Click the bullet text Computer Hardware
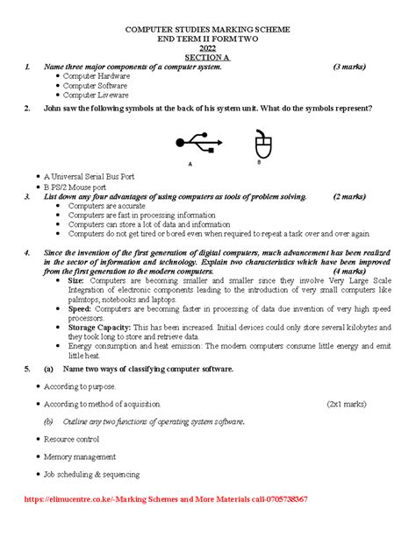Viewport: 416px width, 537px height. coord(97,76)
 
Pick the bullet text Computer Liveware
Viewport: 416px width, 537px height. coord(95,95)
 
